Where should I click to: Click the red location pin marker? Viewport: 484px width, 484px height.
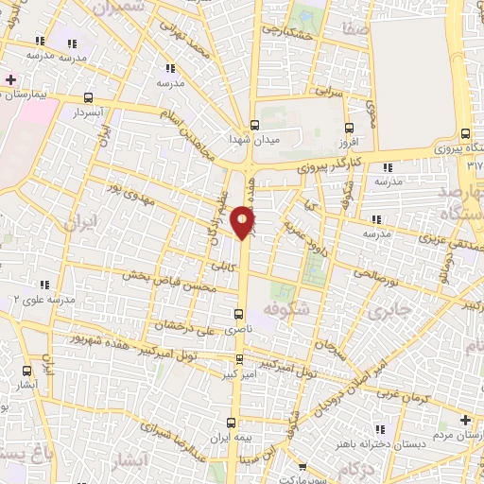click(x=243, y=221)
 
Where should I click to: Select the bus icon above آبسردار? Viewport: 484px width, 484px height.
click(x=89, y=97)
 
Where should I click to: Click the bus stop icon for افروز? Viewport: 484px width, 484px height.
click(x=349, y=129)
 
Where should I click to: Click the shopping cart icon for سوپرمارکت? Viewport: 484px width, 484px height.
click(x=300, y=466)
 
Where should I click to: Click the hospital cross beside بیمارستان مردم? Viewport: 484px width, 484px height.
click(x=464, y=420)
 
